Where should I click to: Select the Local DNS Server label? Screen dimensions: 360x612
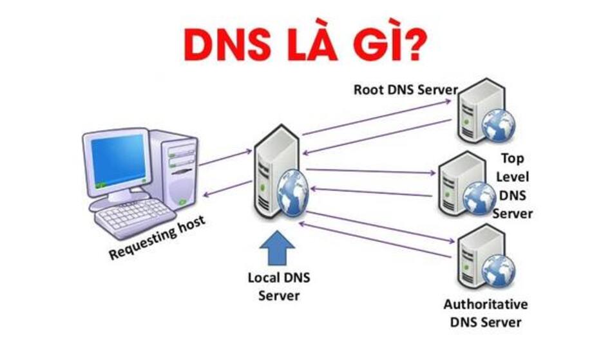pos(279,287)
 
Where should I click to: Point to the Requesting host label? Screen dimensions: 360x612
pos(157,238)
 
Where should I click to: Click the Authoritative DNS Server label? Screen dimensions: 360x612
pos(486,312)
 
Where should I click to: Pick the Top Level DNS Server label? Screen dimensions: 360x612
pos(513,185)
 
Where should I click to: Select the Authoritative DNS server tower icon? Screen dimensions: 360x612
pos(477,258)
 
